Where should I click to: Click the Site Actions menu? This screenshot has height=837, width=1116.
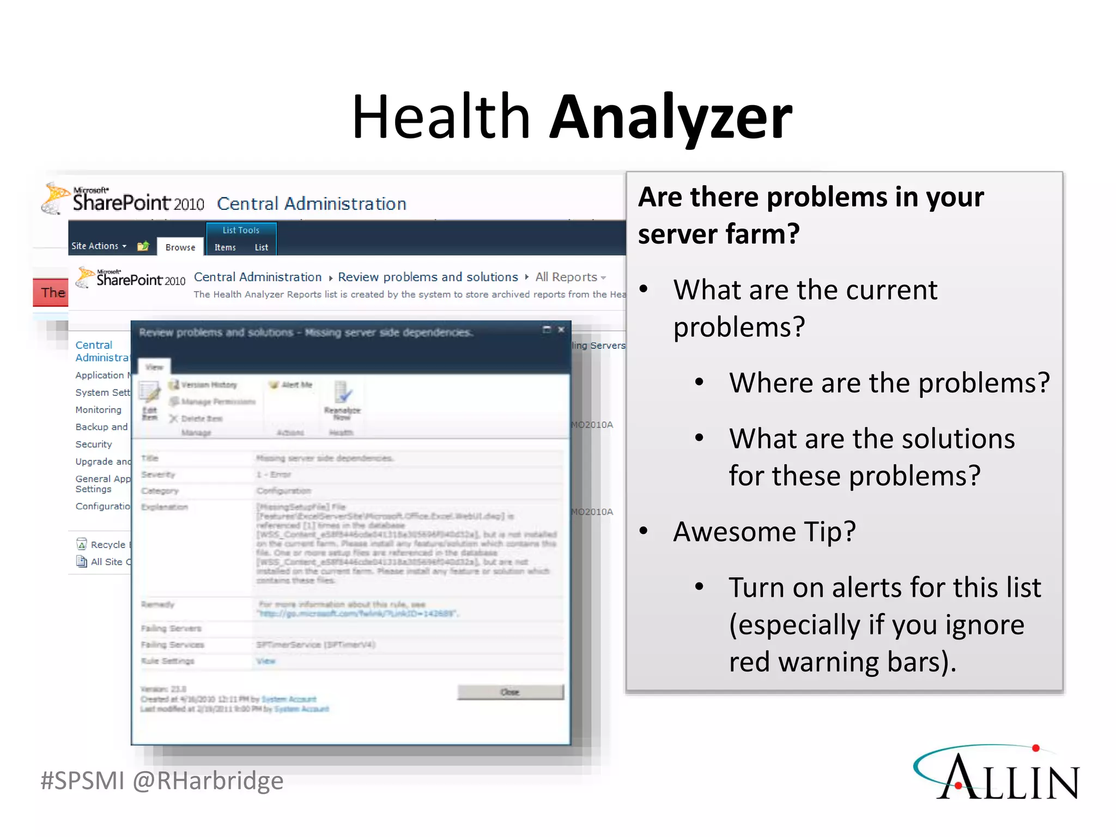(x=98, y=246)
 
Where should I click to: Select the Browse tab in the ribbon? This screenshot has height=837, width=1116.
(x=180, y=247)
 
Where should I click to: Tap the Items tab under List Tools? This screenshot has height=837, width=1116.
(x=225, y=247)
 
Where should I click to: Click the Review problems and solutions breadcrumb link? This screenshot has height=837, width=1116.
(x=428, y=277)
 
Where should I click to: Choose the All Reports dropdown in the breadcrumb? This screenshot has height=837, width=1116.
(x=570, y=277)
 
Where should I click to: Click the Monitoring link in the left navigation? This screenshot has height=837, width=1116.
(x=98, y=410)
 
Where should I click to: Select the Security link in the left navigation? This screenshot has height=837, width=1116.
(x=93, y=444)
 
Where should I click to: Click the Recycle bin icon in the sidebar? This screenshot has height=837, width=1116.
(x=82, y=544)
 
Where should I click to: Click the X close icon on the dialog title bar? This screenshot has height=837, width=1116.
(x=561, y=330)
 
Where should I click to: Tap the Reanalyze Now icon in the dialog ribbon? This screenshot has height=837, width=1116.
(x=342, y=395)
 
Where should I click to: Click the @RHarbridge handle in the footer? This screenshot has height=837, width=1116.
(x=208, y=780)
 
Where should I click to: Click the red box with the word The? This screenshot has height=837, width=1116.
(x=51, y=293)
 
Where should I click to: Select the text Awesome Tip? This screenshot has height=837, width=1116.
(x=764, y=531)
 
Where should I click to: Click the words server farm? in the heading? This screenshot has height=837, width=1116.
(x=718, y=234)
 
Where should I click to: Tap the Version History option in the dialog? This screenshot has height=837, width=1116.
(x=208, y=385)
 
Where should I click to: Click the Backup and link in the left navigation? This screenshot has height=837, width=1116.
(x=101, y=427)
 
